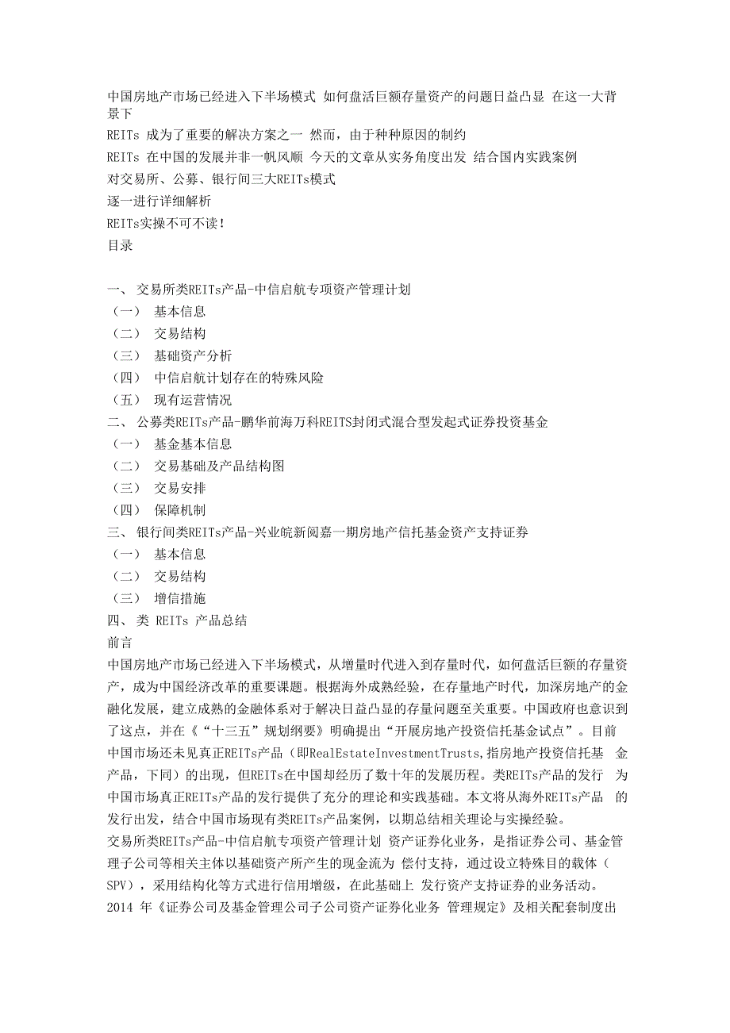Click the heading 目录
pos(120,245)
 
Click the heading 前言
pos(120,643)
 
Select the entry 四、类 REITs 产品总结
pos(177,620)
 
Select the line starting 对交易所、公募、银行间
pos(221,179)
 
